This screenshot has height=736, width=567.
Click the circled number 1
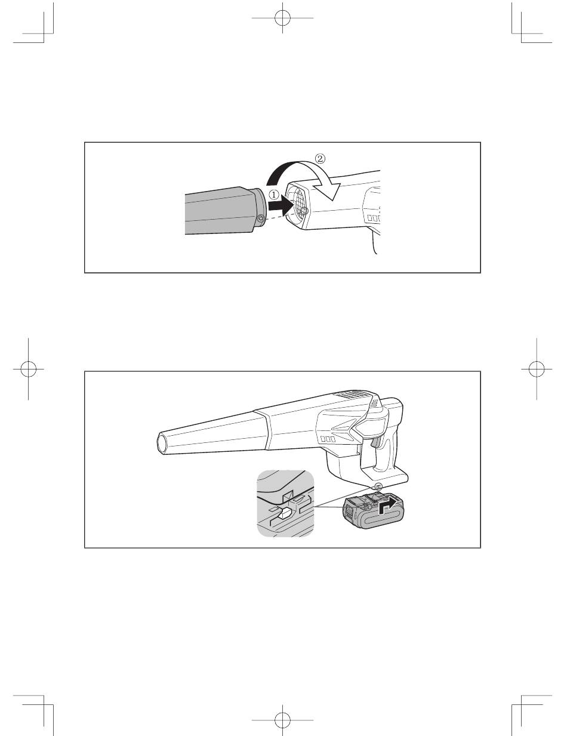pos(274,195)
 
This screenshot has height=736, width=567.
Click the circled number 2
pos(319,158)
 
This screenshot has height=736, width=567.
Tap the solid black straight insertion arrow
pos(281,205)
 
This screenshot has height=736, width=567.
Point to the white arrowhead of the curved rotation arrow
pos(329,190)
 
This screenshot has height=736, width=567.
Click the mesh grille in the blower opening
pos(298,204)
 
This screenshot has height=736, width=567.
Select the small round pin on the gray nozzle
pos(261,218)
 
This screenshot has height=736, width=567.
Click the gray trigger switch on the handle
pos(375,442)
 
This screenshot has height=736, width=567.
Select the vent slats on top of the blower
pos(354,395)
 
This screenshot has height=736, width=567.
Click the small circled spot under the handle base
pos(378,487)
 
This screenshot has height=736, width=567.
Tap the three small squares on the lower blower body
pos(327,439)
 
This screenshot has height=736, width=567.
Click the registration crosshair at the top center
pos(282,18)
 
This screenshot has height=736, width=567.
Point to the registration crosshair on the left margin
pos(28,368)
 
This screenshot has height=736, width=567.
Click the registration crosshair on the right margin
pos(537,368)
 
